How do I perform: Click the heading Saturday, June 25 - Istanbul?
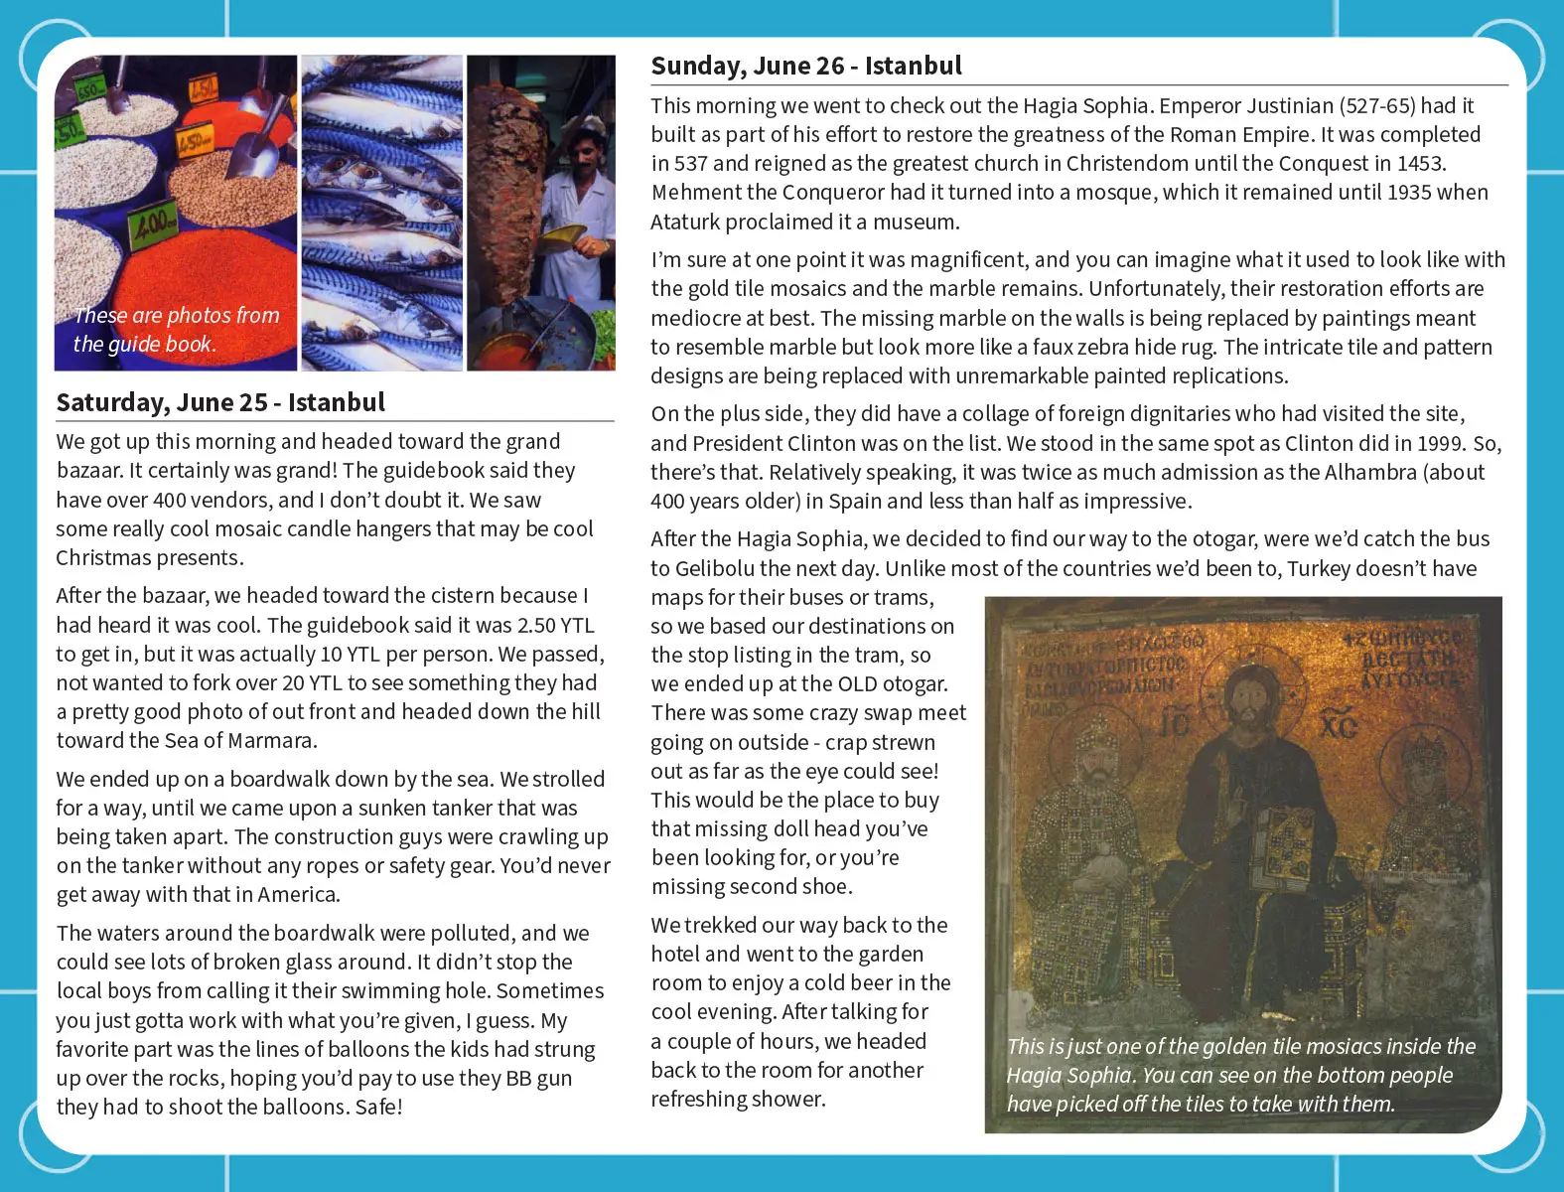point(220,402)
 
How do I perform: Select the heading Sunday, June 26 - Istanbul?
point(806,67)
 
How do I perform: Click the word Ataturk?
point(690,223)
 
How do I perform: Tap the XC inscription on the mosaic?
point(1339,727)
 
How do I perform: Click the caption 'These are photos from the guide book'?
point(176,330)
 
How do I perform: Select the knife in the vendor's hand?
point(564,235)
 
